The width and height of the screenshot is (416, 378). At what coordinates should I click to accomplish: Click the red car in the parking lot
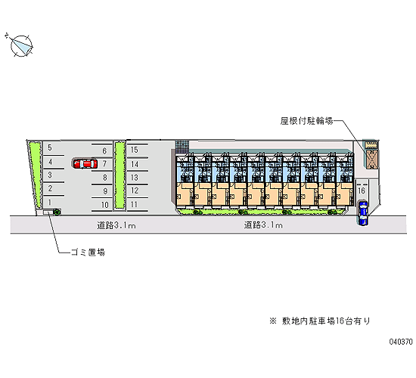click(x=85, y=163)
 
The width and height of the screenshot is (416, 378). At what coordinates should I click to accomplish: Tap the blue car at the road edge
click(x=363, y=213)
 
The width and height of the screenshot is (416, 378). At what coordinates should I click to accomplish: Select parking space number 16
click(x=362, y=191)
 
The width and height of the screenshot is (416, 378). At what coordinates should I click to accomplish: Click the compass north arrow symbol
click(x=20, y=45)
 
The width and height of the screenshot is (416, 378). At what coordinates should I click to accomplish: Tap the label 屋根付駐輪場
click(x=306, y=121)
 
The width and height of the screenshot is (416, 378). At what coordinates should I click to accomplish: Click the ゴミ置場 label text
click(x=88, y=252)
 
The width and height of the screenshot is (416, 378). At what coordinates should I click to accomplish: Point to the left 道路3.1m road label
click(x=116, y=225)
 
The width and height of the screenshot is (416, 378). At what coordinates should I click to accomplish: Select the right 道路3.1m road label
click(x=263, y=225)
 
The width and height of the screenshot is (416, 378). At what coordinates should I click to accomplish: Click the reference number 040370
click(x=401, y=342)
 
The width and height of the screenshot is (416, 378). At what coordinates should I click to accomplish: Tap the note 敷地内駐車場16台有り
click(x=326, y=321)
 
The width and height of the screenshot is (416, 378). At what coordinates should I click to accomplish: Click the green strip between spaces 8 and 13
click(x=120, y=175)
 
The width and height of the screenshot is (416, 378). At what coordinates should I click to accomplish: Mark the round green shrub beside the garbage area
click(x=57, y=212)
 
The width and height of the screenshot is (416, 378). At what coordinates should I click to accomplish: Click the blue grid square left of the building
click(x=182, y=147)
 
